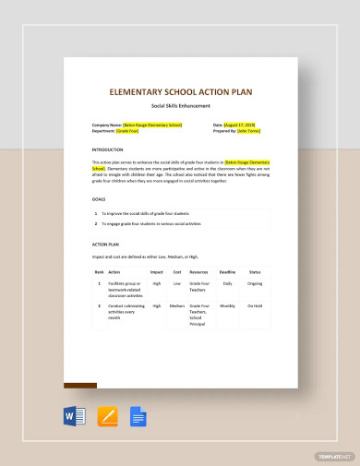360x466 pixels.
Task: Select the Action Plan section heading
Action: click(105, 245)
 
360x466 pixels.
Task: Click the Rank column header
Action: click(99, 272)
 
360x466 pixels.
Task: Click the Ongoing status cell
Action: click(256, 285)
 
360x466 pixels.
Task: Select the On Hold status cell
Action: click(256, 305)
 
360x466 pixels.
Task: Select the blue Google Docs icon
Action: click(139, 416)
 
